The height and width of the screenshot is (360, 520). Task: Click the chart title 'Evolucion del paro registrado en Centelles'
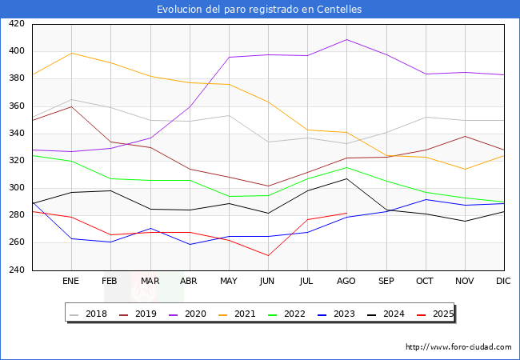click(x=259, y=10)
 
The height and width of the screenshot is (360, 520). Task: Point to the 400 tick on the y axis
click(x=17, y=51)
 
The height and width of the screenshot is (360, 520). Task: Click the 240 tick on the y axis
click(x=17, y=270)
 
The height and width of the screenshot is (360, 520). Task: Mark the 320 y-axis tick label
click(x=17, y=161)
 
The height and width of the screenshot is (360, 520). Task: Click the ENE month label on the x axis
click(x=71, y=282)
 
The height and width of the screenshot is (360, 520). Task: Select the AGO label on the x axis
click(x=346, y=282)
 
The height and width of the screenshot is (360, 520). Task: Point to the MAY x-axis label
click(x=229, y=282)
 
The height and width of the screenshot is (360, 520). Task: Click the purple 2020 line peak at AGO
click(x=346, y=39)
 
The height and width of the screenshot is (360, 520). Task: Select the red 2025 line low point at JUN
click(x=268, y=256)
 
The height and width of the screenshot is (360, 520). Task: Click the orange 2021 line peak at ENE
click(x=71, y=53)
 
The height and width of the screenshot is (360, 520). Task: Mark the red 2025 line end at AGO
click(x=346, y=213)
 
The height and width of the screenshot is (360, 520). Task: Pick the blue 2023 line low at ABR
click(x=190, y=244)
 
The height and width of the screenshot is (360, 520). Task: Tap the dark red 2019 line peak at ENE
click(x=71, y=106)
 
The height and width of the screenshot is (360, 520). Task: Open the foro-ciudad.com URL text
click(x=458, y=347)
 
